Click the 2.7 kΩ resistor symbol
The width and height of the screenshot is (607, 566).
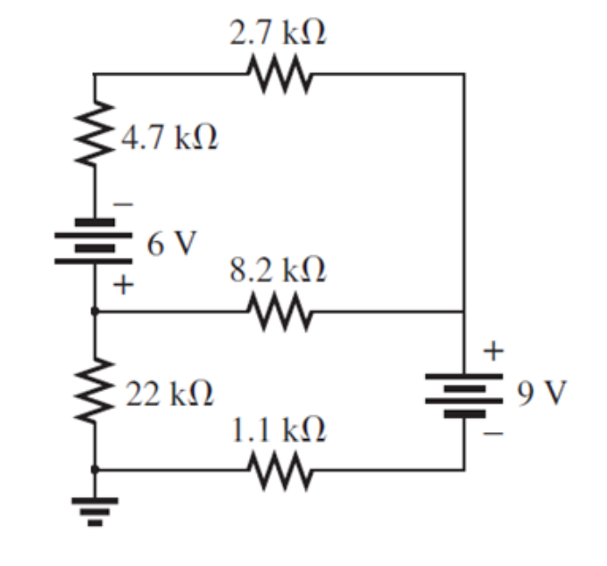279,74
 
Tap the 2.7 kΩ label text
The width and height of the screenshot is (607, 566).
279,35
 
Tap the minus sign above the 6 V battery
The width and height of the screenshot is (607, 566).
125,204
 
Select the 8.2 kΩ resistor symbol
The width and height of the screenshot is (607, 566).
279,312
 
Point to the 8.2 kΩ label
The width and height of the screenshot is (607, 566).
278,271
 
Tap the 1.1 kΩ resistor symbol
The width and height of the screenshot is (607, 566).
279,469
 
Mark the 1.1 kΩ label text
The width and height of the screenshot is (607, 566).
279,430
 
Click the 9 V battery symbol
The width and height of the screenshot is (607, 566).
462,394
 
